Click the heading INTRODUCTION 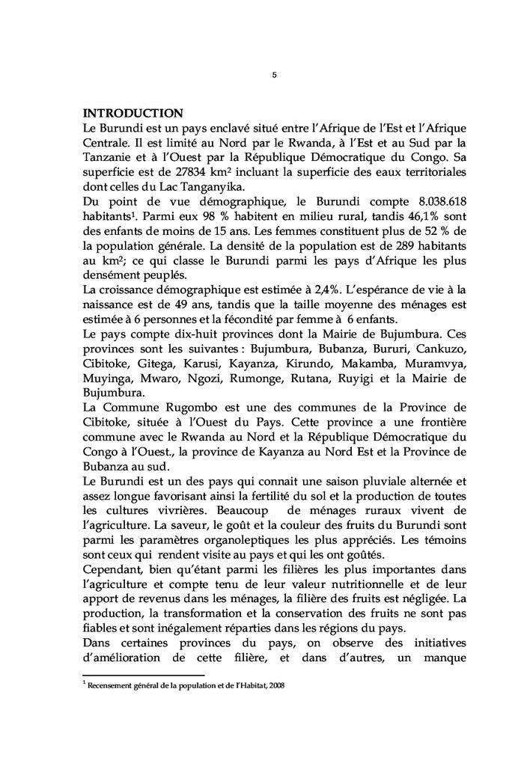[x=132, y=113]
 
